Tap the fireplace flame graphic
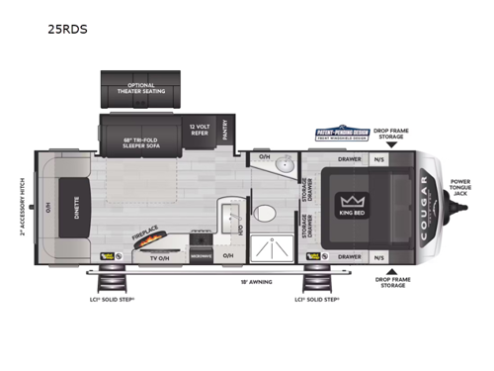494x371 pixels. [x=149, y=240]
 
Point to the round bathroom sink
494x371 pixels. [x=284, y=165]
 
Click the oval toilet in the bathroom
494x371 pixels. [x=264, y=213]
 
